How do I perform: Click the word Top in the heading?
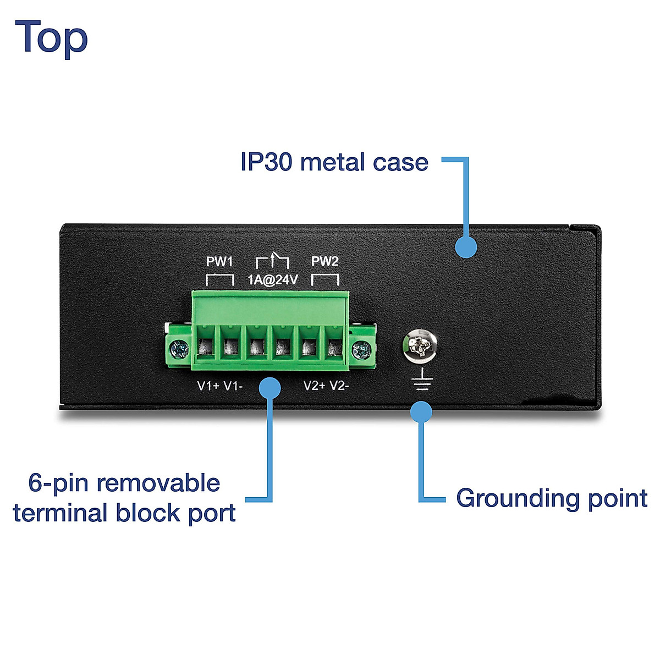(51, 37)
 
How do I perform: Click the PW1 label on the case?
(219, 261)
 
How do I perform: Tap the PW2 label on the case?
(325, 261)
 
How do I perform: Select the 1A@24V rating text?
(272, 280)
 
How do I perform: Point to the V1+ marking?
(208, 386)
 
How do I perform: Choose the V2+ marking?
(315, 386)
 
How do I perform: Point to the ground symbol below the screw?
(422, 380)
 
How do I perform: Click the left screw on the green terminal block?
(178, 349)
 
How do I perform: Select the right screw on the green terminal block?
(361, 349)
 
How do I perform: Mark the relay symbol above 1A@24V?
(273, 260)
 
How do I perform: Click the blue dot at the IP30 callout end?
(466, 247)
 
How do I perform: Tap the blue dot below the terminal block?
(269, 388)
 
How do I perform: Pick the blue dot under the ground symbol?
(421, 412)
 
